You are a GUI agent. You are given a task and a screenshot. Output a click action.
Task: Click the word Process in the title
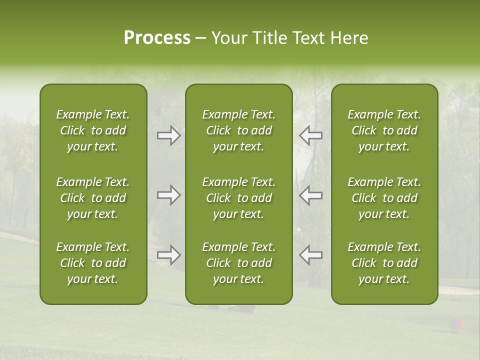157,38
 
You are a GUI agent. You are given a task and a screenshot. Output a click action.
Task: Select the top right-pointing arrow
169,135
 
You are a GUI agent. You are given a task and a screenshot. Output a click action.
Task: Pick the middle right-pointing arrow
169,195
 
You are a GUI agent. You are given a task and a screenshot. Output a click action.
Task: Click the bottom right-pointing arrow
169,255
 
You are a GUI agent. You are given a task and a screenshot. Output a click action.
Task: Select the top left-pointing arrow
311,135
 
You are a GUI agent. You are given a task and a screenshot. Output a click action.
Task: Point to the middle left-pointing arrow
311,195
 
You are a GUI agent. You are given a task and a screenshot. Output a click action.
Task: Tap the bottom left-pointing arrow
311,255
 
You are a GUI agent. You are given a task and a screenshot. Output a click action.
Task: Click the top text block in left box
93,130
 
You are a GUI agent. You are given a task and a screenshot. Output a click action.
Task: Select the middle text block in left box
93,198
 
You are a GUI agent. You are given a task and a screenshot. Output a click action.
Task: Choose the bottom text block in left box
93,263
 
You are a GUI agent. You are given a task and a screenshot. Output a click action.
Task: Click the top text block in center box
239,130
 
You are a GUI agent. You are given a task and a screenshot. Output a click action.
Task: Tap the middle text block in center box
239,198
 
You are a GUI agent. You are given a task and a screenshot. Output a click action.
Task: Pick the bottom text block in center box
239,263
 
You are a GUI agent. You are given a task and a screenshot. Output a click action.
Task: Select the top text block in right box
384,130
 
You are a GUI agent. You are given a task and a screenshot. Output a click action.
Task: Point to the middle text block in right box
384,198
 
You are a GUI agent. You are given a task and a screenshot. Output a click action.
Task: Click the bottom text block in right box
384,263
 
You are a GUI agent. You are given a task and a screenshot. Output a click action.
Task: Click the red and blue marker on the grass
456,325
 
